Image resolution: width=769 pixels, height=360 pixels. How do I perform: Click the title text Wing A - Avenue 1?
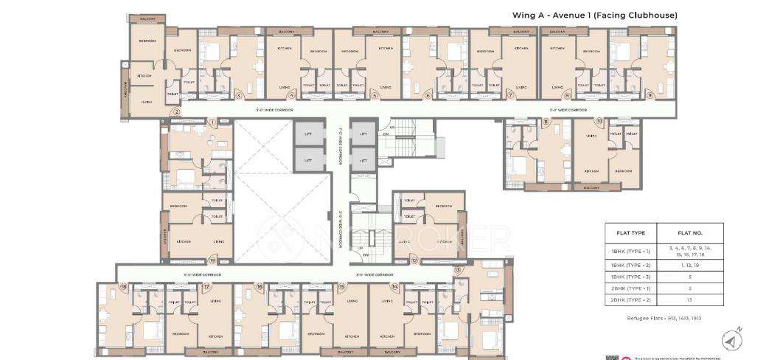pyautogui.click(x=594, y=15)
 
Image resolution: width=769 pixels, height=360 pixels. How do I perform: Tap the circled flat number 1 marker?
pyautogui.click(x=212, y=122)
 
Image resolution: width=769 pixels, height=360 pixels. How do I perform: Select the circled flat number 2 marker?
pyautogui.click(x=175, y=112)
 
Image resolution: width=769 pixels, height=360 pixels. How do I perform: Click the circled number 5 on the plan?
pyautogui.click(x=375, y=95)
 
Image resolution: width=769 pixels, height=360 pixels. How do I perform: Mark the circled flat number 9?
pyautogui.click(x=650, y=95)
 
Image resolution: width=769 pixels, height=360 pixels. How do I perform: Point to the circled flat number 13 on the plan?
pyautogui.click(x=458, y=270)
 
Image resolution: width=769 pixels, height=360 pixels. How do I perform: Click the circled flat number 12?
pyautogui.click(x=414, y=260)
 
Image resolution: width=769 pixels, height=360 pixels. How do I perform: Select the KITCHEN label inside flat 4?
pyautogui.click(x=285, y=49)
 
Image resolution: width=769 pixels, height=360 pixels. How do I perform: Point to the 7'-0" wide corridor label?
pyautogui.click(x=340, y=148)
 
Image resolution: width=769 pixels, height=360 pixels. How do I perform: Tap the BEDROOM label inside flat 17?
pyautogui.click(x=179, y=334)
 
